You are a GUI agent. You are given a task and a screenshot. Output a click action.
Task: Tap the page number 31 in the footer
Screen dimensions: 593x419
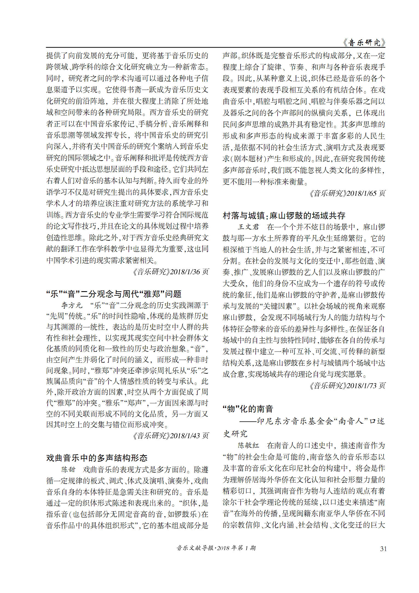click(x=383, y=549)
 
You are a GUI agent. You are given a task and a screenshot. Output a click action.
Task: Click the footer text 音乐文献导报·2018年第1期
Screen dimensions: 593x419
click(x=216, y=548)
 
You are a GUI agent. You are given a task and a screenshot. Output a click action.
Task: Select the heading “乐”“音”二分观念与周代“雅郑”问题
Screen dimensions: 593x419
click(x=114, y=294)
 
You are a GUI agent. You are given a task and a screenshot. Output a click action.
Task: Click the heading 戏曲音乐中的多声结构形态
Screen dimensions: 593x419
click(x=97, y=458)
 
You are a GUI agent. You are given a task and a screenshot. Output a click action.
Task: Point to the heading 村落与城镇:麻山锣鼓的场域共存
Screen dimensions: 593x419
click(x=284, y=215)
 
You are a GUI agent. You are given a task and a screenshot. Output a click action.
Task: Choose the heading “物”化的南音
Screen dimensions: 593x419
click(x=248, y=409)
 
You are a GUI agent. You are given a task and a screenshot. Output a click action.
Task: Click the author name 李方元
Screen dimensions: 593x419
click(x=72, y=305)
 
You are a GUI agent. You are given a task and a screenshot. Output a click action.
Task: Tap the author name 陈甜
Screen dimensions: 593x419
click(x=68, y=469)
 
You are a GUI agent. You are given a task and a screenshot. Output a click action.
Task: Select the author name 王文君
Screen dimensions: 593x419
click(x=248, y=227)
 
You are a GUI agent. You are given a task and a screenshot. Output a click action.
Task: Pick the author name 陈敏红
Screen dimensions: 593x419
click(x=248, y=445)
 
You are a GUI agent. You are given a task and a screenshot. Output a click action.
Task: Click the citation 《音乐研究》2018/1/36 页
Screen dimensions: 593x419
click(x=170, y=272)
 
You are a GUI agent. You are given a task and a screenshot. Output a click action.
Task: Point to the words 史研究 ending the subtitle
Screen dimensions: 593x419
click(x=235, y=433)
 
